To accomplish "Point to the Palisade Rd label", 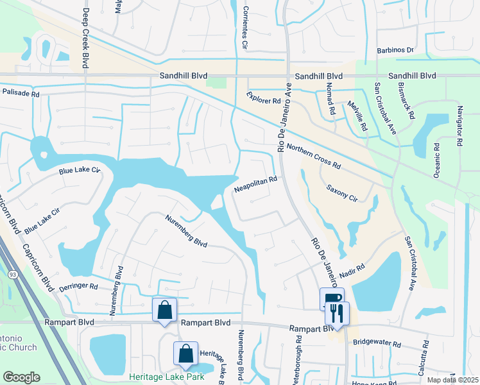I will click(x=21, y=93).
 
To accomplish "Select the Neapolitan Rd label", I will click(x=255, y=184).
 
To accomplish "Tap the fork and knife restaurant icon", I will click(x=337, y=313).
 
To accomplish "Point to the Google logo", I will click(x=21, y=377).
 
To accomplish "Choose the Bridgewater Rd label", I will click(x=377, y=344).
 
